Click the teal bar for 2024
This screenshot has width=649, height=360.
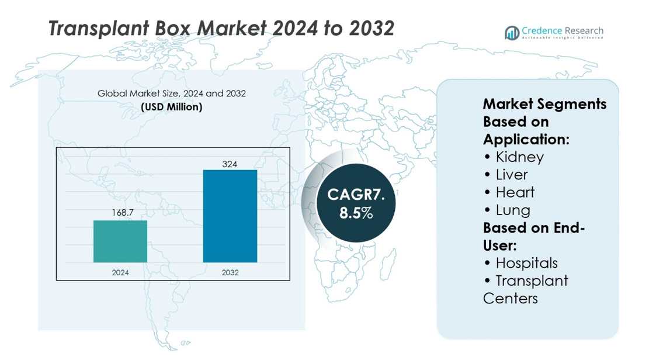point(120,241)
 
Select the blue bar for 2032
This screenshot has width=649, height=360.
point(230,216)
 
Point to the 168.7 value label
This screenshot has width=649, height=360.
point(123,213)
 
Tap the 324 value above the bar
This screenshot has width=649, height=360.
point(230,164)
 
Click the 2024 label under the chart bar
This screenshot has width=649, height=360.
point(120,272)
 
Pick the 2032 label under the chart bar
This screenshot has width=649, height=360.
point(230,272)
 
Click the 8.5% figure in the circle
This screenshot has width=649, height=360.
point(356,213)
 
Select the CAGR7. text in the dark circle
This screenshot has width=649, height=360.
point(356,195)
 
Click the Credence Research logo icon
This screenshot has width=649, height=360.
point(512,33)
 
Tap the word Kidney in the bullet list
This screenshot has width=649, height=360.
point(519,157)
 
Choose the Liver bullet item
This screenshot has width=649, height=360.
point(511,175)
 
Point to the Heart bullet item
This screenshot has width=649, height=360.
point(515,192)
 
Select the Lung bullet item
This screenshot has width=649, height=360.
point(512,210)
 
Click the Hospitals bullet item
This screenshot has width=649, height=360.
point(526,263)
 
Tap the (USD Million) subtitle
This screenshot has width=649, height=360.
point(171,107)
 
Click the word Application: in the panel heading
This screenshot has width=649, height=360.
point(526,140)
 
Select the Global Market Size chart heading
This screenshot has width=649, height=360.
point(171,94)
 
